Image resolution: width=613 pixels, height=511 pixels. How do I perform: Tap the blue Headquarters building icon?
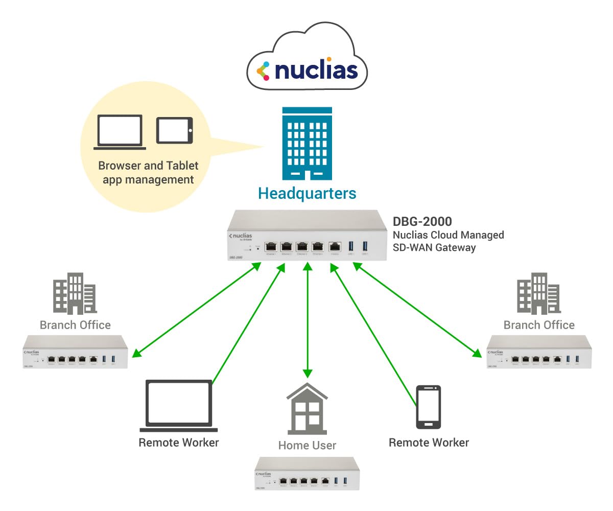pos(307,144)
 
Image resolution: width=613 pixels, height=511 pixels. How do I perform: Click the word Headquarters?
pos(307,194)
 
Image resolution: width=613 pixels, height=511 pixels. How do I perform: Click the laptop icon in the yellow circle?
pos(120,132)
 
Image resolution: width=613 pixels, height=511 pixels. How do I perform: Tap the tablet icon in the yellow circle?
pos(175,130)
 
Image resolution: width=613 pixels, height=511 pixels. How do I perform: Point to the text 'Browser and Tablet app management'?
pos(148,173)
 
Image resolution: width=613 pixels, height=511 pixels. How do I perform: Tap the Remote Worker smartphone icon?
pos(429,407)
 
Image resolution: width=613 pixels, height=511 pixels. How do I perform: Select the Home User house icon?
pos(307,408)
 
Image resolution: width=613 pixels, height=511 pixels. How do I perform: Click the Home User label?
pos(307,446)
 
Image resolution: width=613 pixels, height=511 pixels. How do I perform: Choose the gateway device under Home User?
pos(307,473)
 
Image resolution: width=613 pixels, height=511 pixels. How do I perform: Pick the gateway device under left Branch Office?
pos(75,352)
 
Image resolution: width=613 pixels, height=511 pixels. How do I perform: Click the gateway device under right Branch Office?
pos(539,352)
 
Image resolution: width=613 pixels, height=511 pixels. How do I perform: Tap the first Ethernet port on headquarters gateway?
pos(271,246)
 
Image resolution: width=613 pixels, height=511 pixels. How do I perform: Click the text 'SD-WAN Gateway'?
pos(434,248)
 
